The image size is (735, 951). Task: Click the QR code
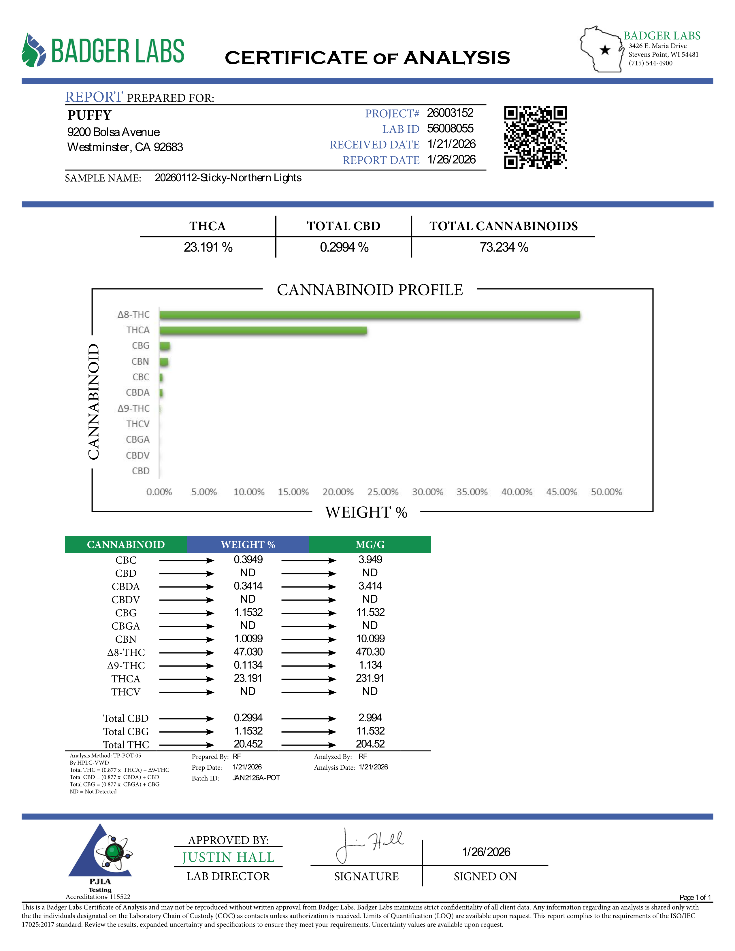point(535,137)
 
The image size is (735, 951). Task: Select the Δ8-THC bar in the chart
point(369,315)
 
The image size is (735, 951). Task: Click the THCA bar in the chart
point(263,331)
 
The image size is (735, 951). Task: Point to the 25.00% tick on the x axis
point(383,492)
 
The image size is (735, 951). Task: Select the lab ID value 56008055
point(450,129)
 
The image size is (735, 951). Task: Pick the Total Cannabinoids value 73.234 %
point(504,247)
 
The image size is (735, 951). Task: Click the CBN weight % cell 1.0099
point(248,639)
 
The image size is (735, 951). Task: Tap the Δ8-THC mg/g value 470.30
point(370,652)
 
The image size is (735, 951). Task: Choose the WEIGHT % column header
point(248,545)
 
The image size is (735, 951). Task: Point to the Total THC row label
point(126,745)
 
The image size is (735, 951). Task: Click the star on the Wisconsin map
point(605,50)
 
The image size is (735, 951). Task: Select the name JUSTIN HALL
point(228,857)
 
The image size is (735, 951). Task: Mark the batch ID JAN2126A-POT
point(256,778)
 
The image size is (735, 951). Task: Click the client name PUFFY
point(90,115)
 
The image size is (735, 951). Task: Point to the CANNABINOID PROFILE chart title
point(370,290)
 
